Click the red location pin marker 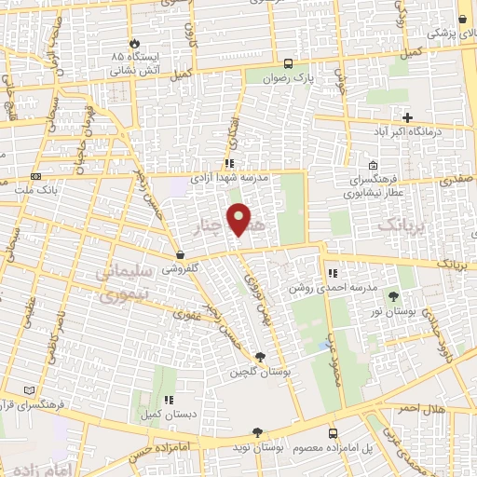[239, 219]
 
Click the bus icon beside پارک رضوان [289, 64]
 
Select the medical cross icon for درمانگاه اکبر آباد [406, 116]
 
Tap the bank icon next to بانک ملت [35, 176]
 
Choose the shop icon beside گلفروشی [179, 254]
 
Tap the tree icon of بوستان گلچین [259, 357]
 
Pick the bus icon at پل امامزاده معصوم [333, 433]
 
